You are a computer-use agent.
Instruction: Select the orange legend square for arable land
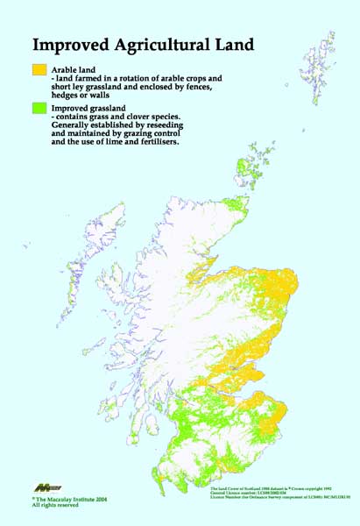[x=39, y=68]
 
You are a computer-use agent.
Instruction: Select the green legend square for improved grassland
[x=39, y=108]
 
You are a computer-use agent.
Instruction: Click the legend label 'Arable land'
[x=77, y=68]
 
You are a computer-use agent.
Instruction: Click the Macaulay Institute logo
[x=46, y=487]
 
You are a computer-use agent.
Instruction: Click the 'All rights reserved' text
[x=55, y=506]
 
